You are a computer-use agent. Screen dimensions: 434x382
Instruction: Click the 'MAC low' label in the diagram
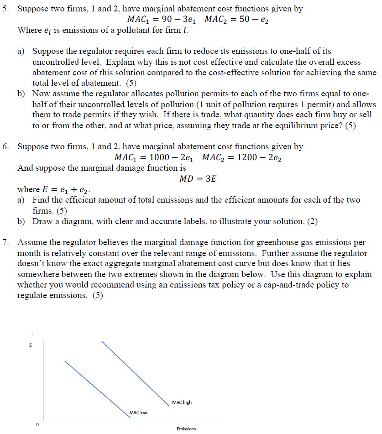click(138, 413)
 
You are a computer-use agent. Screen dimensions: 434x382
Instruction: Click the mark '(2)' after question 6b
click(312, 221)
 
